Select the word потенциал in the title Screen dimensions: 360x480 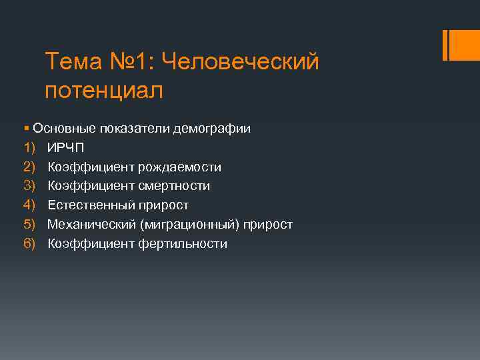(104, 90)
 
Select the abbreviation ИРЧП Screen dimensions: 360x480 (66, 147)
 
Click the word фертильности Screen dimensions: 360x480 (183, 244)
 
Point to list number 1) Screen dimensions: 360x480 (28, 147)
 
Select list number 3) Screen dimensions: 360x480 (28, 186)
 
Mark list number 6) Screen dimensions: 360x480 (28, 244)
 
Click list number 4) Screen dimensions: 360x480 (28, 205)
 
